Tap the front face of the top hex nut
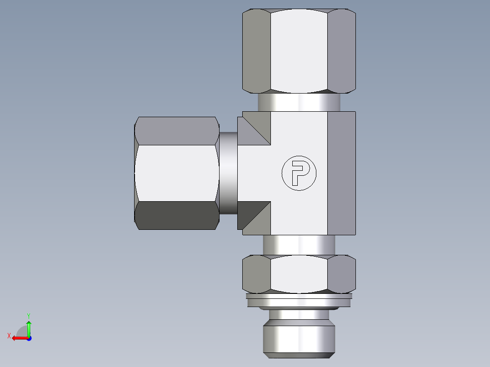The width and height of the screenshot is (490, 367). (x=299, y=50)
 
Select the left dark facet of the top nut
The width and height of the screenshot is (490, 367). (x=256, y=51)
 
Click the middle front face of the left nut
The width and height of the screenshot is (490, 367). (x=176, y=173)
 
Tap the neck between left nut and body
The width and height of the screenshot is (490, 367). (x=228, y=173)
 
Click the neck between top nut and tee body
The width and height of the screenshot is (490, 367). (x=299, y=102)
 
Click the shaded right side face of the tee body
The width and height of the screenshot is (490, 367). (x=341, y=173)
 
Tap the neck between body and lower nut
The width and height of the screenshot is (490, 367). (x=299, y=245)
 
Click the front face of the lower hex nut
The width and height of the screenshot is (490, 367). (x=299, y=273)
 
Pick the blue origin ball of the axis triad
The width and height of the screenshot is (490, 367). (x=29, y=338)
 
